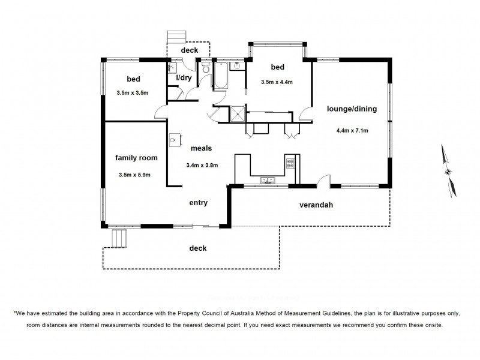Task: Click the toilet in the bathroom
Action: point(205,70)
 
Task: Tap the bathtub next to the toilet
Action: point(220,76)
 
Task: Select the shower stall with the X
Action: point(238,113)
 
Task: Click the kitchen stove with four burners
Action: point(290,162)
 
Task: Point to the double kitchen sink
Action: point(267,179)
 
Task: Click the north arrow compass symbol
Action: point(447,171)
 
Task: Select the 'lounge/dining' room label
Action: point(352,109)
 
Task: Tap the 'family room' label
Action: point(136,158)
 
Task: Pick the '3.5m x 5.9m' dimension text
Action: point(134,175)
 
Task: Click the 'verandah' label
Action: point(316,205)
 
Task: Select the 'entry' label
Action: point(198,203)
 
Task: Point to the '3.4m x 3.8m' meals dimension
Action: point(202,166)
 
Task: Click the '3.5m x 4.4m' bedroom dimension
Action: point(277,82)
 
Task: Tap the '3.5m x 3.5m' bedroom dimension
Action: point(132,94)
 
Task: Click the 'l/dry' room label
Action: point(184,78)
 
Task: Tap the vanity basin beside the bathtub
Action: point(238,66)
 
